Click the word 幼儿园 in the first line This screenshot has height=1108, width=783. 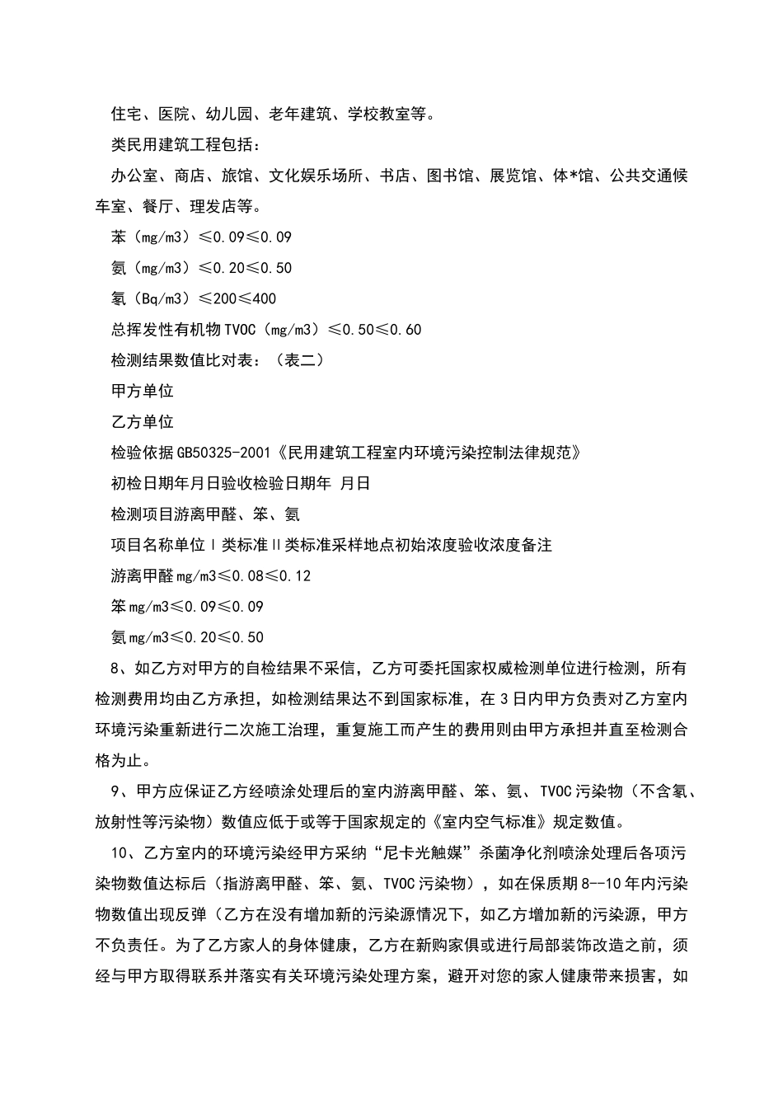(228, 115)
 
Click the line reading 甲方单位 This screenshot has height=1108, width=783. (142, 391)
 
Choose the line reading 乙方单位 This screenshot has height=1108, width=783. (142, 422)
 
